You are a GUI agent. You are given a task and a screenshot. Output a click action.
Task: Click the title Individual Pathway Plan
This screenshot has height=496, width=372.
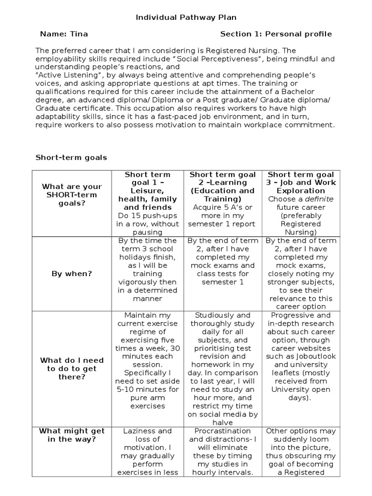186,17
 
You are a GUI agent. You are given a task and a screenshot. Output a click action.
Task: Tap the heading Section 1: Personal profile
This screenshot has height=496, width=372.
276,34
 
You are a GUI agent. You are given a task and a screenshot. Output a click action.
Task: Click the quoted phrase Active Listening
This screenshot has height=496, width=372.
62,75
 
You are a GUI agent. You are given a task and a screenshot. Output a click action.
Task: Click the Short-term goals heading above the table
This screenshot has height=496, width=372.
71,157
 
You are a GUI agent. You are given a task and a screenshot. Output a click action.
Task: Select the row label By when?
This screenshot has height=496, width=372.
72,274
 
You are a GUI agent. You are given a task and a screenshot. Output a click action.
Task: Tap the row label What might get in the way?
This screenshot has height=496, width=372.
72,435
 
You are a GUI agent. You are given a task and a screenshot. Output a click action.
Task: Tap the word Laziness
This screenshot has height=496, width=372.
140,431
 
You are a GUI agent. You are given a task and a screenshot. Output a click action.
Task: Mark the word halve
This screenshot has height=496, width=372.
223,423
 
